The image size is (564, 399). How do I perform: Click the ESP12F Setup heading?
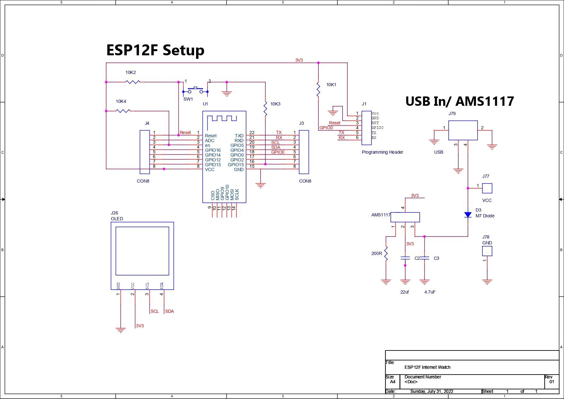155,50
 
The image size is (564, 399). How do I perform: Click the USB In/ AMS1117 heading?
460,101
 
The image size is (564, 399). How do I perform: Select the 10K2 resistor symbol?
132,82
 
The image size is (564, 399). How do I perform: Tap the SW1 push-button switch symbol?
195,90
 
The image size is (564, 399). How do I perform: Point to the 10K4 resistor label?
121,101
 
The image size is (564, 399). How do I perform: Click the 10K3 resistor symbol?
265,109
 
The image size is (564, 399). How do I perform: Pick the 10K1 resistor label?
331,85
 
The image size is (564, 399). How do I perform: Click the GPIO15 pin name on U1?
236,165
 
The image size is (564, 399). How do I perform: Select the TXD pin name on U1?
239,136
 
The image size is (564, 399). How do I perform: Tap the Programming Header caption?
382,152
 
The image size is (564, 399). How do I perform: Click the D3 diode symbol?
468,215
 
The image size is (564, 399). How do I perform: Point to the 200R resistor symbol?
386,253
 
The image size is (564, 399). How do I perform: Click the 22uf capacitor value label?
405,292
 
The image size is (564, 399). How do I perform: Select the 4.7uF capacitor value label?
430,292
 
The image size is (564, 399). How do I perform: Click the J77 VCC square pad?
487,188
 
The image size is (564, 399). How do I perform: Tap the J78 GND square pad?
487,251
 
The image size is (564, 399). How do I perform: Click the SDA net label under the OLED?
169,311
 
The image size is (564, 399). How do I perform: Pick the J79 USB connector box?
463,130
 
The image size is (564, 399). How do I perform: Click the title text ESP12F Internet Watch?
427,367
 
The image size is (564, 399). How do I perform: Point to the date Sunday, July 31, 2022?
432,391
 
